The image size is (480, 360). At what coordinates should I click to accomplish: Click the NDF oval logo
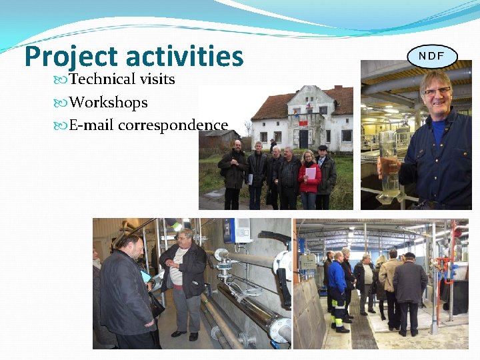click(432, 56)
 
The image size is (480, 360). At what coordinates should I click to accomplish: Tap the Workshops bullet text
click(108, 103)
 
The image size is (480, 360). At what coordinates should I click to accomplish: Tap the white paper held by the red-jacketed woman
click(311, 173)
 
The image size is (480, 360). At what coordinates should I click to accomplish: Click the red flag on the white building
click(304, 123)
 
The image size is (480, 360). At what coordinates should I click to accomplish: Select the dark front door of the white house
click(303, 138)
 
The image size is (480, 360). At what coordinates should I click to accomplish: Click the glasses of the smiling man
click(437, 91)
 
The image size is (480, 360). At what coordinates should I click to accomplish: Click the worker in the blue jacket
click(337, 287)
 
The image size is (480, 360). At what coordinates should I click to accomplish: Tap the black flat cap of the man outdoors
click(323, 147)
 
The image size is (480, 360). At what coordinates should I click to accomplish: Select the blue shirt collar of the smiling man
click(437, 127)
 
